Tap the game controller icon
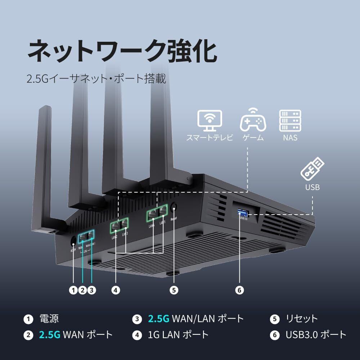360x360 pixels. tap(253, 121)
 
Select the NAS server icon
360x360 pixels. tap(290, 121)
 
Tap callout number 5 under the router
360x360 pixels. tap(174, 290)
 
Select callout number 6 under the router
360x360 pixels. tap(240, 290)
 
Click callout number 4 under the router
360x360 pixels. tap(116, 290)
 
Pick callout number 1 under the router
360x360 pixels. tap(73, 290)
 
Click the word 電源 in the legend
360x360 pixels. tap(49, 319)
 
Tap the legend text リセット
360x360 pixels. tap(302, 319)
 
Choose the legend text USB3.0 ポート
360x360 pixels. tap(316, 335)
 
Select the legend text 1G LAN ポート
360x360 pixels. tap(178, 335)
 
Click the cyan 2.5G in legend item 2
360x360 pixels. tap(49, 335)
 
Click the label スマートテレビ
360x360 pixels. tap(210, 138)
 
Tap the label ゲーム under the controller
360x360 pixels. tap(253, 138)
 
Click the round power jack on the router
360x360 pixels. tap(74, 240)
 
